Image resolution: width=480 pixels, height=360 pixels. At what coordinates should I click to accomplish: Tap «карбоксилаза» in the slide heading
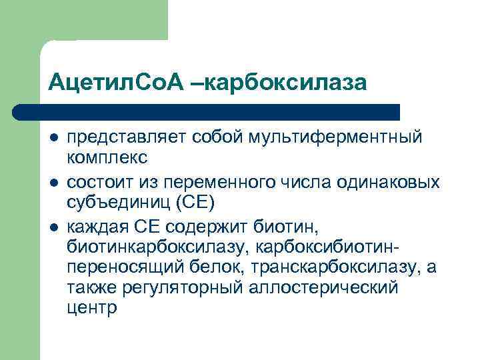(x=286, y=83)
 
